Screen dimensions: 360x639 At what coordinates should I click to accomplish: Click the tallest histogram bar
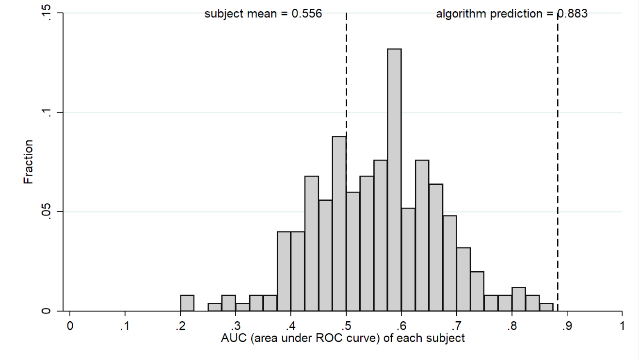click(394, 180)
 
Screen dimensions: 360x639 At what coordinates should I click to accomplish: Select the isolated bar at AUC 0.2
click(187, 303)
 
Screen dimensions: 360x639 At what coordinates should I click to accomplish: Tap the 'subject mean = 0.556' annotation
click(263, 14)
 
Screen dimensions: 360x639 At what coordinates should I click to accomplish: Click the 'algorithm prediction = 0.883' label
click(511, 14)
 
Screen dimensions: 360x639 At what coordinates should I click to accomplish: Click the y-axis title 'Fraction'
click(29, 162)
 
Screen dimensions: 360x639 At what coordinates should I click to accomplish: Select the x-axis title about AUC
click(343, 338)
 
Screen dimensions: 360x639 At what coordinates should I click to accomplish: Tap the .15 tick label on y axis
click(46, 13)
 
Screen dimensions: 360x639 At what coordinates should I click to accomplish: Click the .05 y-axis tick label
click(46, 212)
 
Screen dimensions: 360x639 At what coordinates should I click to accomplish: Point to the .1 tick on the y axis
click(46, 113)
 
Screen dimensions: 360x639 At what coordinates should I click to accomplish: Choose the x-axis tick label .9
click(567, 326)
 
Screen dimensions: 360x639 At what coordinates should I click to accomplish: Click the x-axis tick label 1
click(622, 326)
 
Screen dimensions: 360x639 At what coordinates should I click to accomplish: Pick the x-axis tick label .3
click(235, 326)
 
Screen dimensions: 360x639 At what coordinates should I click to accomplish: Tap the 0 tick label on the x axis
click(70, 326)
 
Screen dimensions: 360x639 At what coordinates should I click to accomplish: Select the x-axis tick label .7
click(456, 326)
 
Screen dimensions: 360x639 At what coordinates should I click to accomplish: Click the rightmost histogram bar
click(546, 307)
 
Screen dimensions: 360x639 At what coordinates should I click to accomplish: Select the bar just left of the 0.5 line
click(339, 223)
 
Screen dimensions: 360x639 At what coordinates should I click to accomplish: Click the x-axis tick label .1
click(125, 326)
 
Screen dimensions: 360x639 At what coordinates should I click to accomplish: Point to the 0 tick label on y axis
click(46, 311)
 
